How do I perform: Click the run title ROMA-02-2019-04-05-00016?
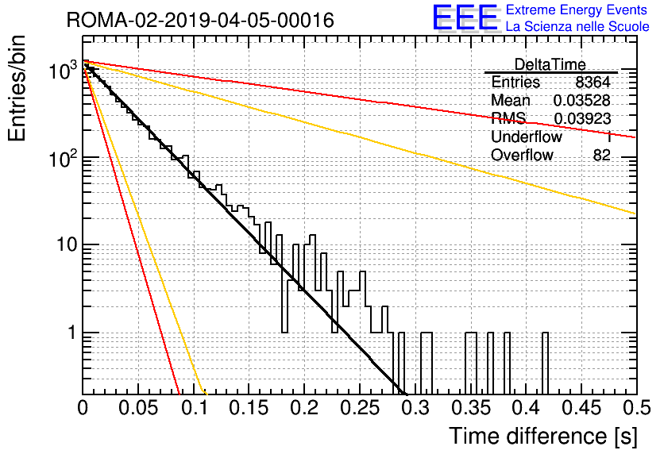pos(200,20)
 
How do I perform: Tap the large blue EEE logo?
pos(465,17)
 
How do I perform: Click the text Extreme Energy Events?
pos(577,10)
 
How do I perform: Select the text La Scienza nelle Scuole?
pos(577,26)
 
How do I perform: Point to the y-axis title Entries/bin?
pos(17,88)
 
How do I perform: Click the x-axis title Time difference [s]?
pos(543,436)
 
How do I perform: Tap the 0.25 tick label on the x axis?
pos(360,408)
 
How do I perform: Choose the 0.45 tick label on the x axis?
pos(581,408)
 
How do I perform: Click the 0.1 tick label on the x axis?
pos(195,408)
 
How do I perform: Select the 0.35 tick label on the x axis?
pos(470,408)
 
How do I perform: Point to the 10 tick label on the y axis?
pos(67,244)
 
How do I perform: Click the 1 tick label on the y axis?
pos(71,333)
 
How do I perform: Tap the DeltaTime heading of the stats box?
pos(550,64)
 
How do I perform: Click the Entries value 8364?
pos(593,82)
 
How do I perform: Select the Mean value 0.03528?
pos(582,100)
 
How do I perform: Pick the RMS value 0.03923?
pos(582,119)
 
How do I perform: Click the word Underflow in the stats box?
pos(527,137)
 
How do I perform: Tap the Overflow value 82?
pos(602,155)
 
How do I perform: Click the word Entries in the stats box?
pos(515,82)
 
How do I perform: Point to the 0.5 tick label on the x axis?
pos(637,408)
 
